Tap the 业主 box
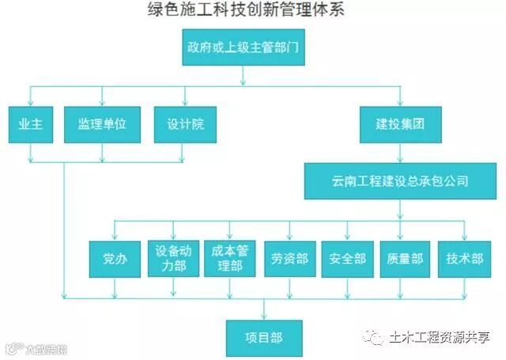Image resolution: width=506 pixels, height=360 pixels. tap(31, 124)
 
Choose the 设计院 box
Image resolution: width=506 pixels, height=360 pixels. tap(185, 124)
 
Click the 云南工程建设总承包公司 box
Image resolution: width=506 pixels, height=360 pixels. tap(399, 180)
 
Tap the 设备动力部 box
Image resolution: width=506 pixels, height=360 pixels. tap(172, 258)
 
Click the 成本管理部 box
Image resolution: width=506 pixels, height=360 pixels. tap(230, 258)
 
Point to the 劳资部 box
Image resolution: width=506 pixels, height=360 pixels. tap(289, 258)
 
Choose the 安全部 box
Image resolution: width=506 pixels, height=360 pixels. tap(347, 258)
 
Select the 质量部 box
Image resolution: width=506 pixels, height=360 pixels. tap(406, 258)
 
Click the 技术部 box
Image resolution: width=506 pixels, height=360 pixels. tap(464, 258)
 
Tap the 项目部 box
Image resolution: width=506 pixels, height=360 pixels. tap(264, 337)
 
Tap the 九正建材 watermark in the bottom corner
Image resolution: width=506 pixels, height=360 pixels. tap(36, 347)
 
